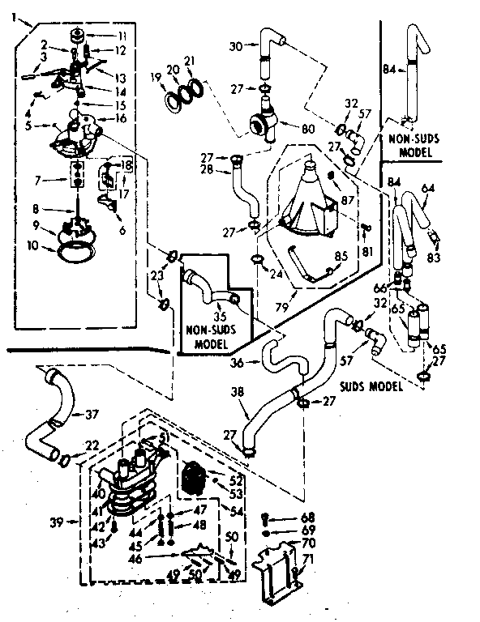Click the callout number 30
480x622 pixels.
point(236,46)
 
